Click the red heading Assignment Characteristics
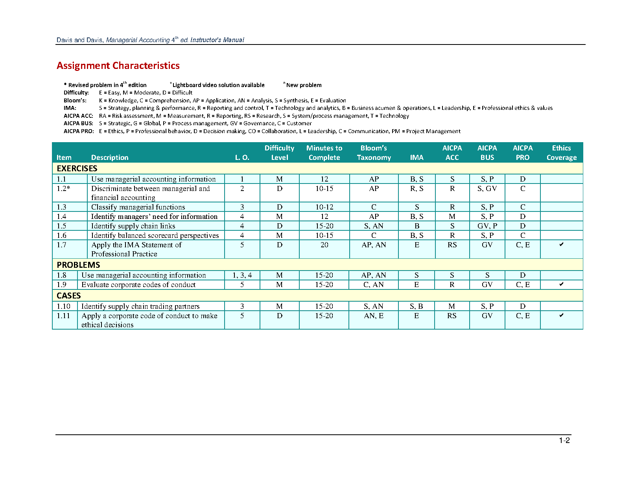pyautogui.click(x=118, y=66)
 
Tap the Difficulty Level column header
pyautogui.click(x=279, y=153)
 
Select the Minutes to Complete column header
pyautogui.click(x=324, y=153)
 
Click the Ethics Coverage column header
pyautogui.click(x=561, y=153)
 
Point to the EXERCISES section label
pyautogui.click(x=77, y=169)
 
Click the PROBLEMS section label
pyautogui.click(x=78, y=265)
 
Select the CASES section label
pyautogui.click(x=69, y=296)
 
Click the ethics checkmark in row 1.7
pyautogui.click(x=561, y=245)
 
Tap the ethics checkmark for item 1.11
pyautogui.click(x=561, y=315)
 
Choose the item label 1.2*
pyautogui.click(x=63, y=189)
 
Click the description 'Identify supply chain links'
pyautogui.click(x=133, y=226)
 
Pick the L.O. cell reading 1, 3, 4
pyautogui.click(x=242, y=275)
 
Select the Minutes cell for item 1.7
pyautogui.click(x=324, y=245)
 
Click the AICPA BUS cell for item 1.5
pyautogui.click(x=487, y=226)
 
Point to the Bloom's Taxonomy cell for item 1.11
pyautogui.click(x=374, y=316)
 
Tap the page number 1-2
pyautogui.click(x=564, y=441)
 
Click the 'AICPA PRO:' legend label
pyautogui.click(x=79, y=131)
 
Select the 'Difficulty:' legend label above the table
pyautogui.click(x=76, y=93)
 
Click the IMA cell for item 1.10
pyautogui.click(x=416, y=306)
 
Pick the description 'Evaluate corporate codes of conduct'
pyautogui.click(x=138, y=285)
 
